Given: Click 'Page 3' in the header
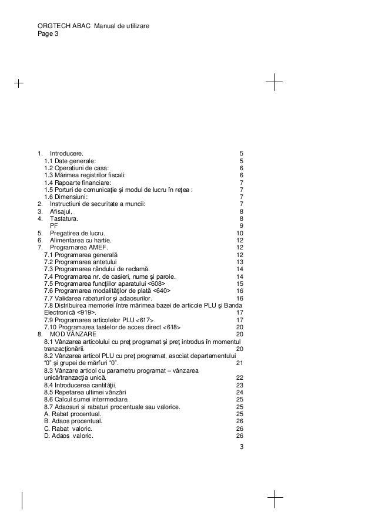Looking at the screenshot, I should (x=48, y=35).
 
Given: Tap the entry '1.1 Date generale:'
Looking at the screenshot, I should (x=69, y=161).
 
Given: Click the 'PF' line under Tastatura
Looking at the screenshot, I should (x=53, y=225).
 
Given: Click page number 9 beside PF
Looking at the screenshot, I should (x=242, y=225).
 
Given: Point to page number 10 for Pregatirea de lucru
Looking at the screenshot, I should (x=239, y=233).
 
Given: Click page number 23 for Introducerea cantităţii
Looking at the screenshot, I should (x=239, y=385).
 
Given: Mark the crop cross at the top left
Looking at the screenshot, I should (x=19, y=83).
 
